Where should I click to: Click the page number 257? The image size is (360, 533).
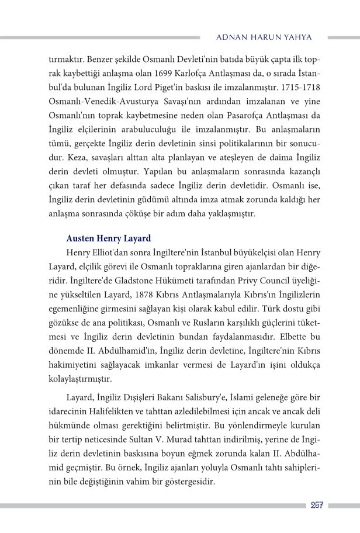pyautogui.click(x=317, y=506)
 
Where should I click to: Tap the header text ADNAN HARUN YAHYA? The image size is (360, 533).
pyautogui.click(x=264, y=37)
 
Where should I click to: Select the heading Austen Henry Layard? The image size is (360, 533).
pyautogui.click(x=109, y=238)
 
